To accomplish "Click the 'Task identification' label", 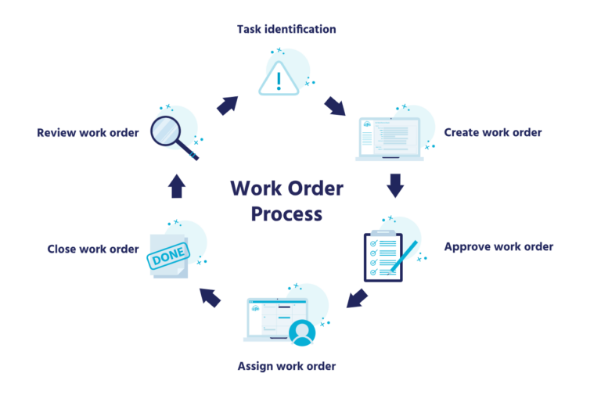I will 286,30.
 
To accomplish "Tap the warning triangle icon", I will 278,76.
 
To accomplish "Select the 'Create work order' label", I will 492,132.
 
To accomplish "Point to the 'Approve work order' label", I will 498,247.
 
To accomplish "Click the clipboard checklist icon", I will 383,256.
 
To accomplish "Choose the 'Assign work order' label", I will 286,366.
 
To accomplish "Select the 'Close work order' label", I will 92,249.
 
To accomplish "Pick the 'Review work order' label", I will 88,132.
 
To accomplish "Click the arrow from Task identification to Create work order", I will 335,105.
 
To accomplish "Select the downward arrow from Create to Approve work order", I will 395,185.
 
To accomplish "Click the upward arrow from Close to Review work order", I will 177,185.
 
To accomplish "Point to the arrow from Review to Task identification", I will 228,105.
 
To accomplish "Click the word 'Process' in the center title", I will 286,214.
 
